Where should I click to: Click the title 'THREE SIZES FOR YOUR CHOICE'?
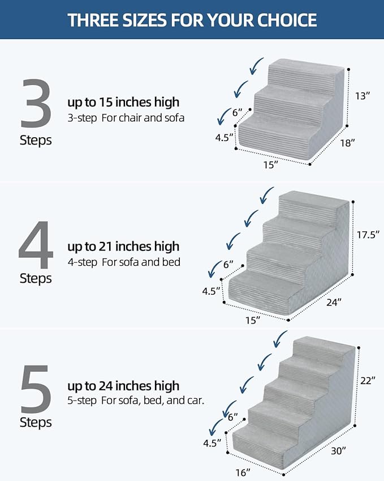tap(192, 20)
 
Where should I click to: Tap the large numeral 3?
tap(36, 104)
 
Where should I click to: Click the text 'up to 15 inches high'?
tap(123, 102)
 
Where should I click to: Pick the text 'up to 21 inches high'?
tap(123, 246)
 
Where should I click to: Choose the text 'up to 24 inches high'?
tap(123, 386)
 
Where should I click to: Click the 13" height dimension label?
tap(364, 96)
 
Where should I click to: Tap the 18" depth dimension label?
tap(347, 143)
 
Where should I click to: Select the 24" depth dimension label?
tap(333, 302)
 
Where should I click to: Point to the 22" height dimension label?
tap(368, 381)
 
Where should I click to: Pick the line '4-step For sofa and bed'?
tap(124, 262)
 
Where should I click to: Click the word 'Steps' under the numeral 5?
tap(36, 422)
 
